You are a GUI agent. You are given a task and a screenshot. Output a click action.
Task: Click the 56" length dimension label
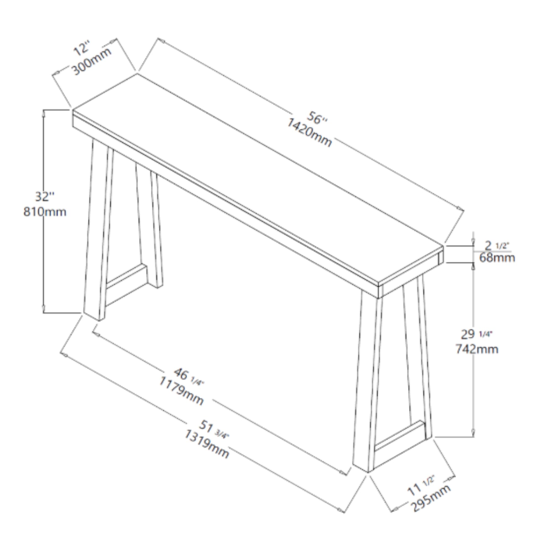click(317, 118)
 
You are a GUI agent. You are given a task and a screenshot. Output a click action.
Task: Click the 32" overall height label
click(45, 197)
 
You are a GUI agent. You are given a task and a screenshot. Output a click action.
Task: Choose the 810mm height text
click(45, 212)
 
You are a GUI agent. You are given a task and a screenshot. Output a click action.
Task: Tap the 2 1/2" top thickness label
click(497, 245)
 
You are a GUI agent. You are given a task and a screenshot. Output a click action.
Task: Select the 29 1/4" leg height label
click(477, 334)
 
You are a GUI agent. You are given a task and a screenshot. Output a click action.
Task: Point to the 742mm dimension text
click(477, 349)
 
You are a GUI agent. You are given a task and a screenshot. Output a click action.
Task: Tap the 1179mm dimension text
click(181, 390)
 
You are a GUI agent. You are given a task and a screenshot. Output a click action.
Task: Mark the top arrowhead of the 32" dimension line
click(43, 113)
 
